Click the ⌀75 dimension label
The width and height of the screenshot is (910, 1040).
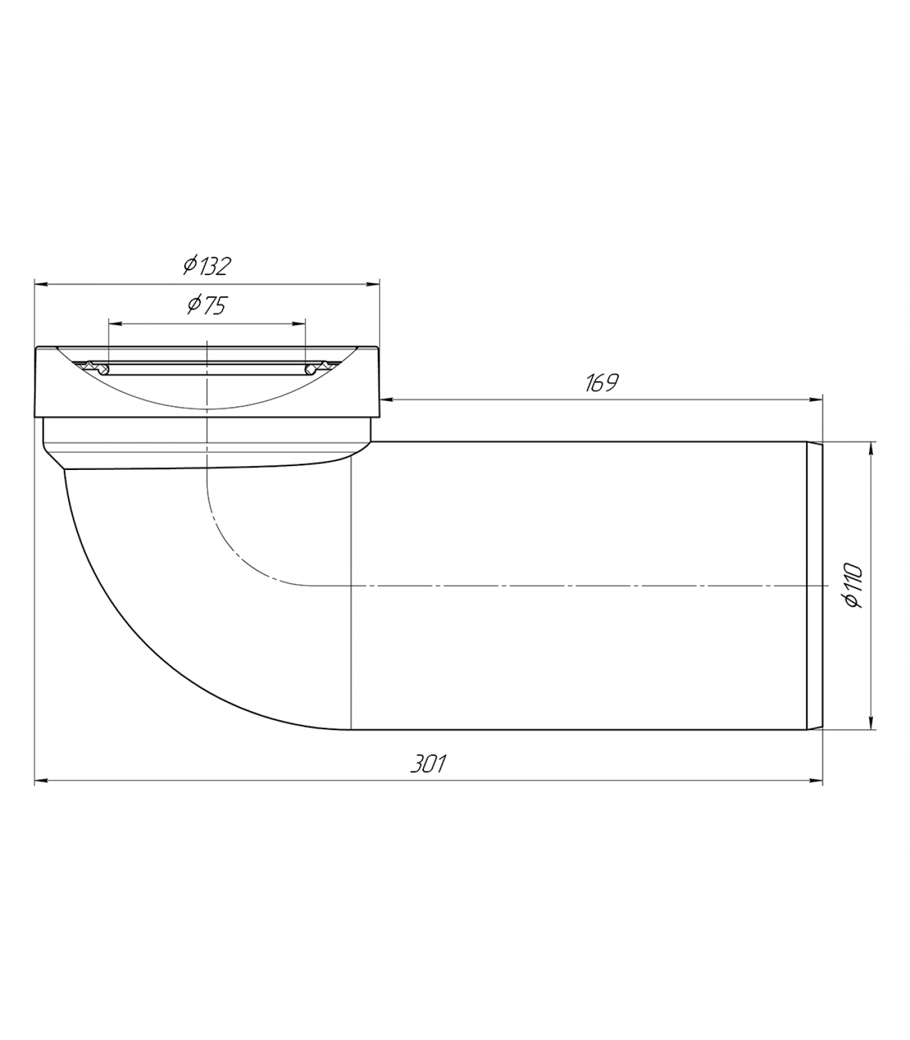[207, 305]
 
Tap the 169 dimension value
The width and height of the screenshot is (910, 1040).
[601, 383]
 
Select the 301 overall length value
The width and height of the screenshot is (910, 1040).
[428, 764]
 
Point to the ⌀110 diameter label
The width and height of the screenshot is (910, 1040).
[853, 586]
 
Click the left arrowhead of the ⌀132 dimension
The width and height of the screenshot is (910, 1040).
[41, 283]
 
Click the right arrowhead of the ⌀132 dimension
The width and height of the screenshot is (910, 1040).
[373, 283]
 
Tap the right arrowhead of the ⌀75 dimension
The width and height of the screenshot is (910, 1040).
[298, 322]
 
